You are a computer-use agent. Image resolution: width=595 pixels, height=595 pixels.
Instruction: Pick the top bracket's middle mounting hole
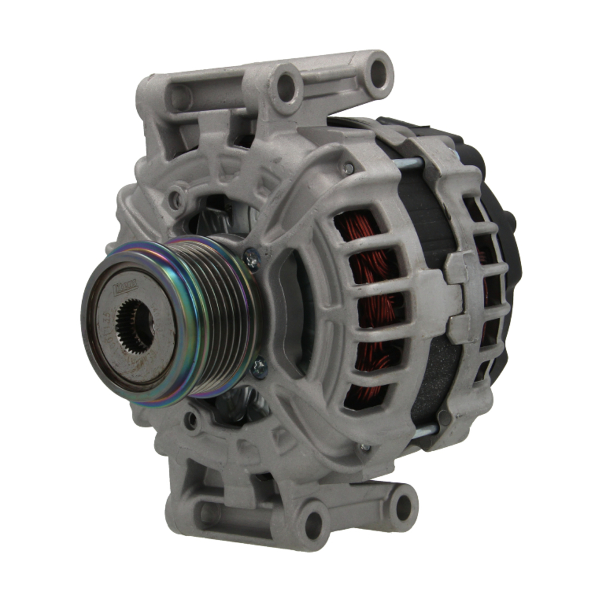pos(286,87)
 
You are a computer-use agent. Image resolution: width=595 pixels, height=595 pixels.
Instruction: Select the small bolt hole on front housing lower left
pos(192,421)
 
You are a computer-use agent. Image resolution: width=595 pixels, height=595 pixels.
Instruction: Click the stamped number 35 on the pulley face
pos(107,314)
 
